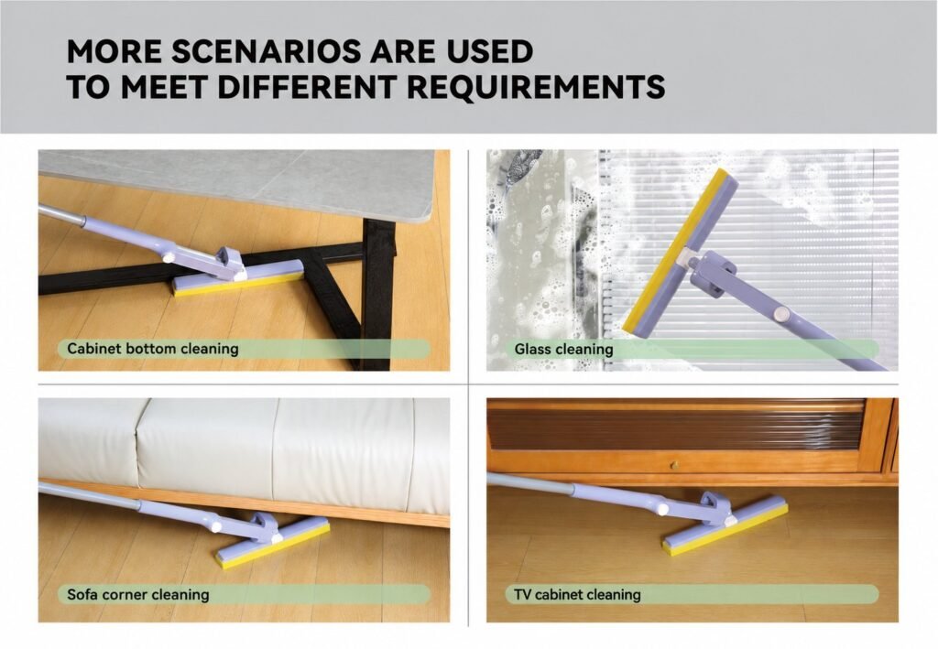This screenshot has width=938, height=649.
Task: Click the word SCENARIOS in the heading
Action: coord(267,51)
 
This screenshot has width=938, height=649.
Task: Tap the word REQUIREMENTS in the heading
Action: coord(536,87)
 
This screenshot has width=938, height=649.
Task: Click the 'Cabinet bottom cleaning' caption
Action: coord(153,349)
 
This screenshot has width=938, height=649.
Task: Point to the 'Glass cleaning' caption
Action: coord(563,349)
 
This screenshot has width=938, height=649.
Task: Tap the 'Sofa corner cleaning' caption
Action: coord(138,595)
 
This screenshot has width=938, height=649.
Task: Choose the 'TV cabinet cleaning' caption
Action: coord(577,595)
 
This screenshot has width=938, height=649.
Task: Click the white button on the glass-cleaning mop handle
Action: coord(780,314)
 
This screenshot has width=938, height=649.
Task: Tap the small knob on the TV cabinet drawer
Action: coord(674,464)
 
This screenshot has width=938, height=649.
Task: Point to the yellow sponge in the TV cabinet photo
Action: coord(725,531)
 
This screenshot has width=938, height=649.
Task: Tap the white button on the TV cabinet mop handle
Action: coord(662,509)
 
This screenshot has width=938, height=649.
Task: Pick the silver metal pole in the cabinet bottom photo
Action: coord(60,215)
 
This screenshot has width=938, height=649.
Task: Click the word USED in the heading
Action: coord(489,51)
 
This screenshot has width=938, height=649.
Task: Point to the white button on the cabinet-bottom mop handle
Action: coord(169,257)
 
